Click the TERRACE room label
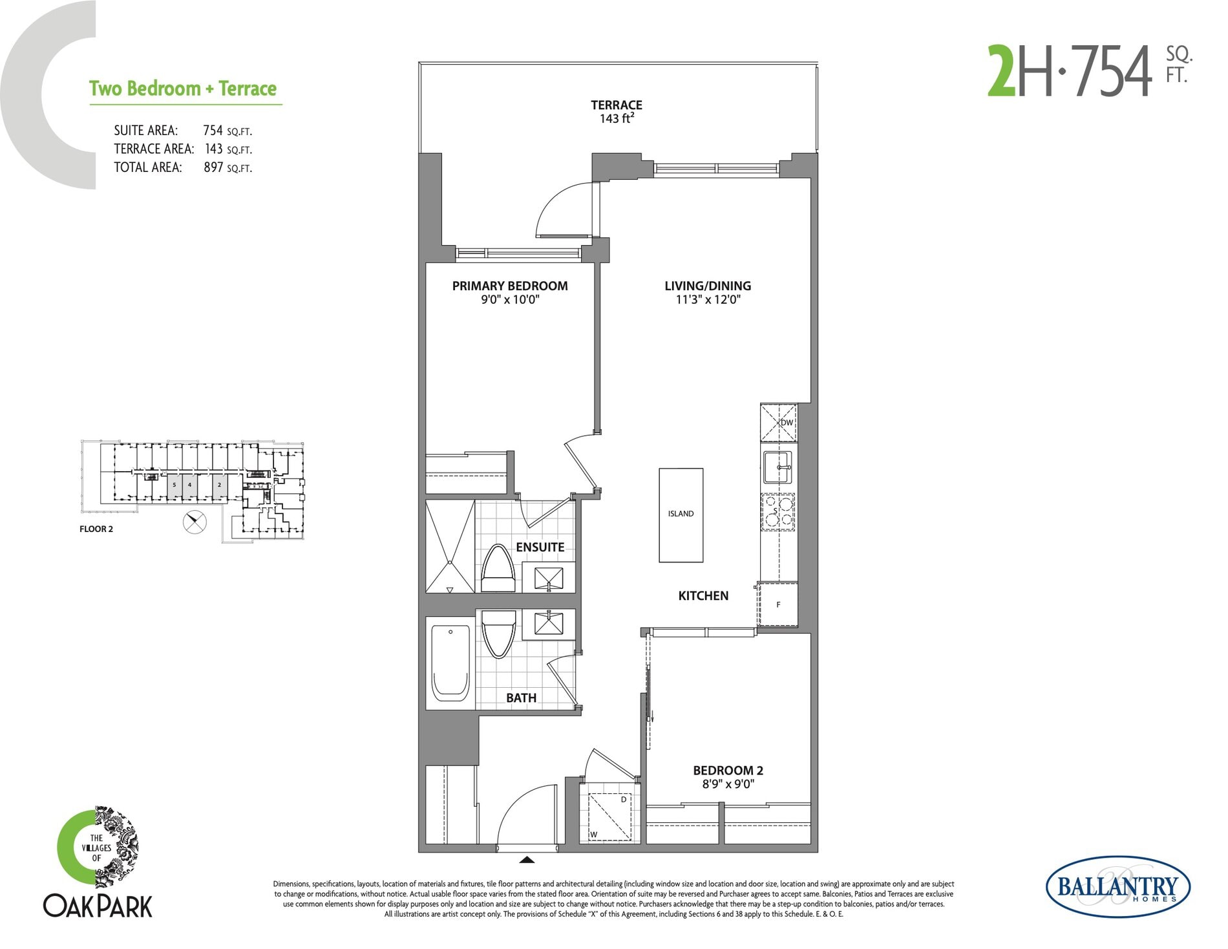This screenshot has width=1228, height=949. [x=616, y=105]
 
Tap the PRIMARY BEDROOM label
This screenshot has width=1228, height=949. [x=510, y=286]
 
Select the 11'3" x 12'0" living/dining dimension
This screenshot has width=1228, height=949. [x=708, y=300]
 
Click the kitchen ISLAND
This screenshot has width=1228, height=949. [x=681, y=515]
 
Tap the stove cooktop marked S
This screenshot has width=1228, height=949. [x=778, y=512]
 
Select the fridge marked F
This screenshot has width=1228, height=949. [x=778, y=604]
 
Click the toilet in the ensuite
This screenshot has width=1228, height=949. [x=498, y=569]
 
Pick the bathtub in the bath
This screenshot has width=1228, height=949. [x=450, y=663]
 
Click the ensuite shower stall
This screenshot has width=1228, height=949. [x=450, y=546]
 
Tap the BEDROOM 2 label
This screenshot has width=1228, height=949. [x=728, y=771]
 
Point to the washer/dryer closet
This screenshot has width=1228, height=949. [x=610, y=816]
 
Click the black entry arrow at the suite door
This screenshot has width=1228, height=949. [x=527, y=860]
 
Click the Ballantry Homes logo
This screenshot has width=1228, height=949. [x=1117, y=888]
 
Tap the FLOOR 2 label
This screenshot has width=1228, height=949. [x=96, y=529]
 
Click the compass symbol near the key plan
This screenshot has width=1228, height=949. [x=195, y=522]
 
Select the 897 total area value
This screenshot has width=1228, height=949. [x=213, y=167]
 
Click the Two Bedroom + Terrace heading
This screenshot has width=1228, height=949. [x=183, y=89]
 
